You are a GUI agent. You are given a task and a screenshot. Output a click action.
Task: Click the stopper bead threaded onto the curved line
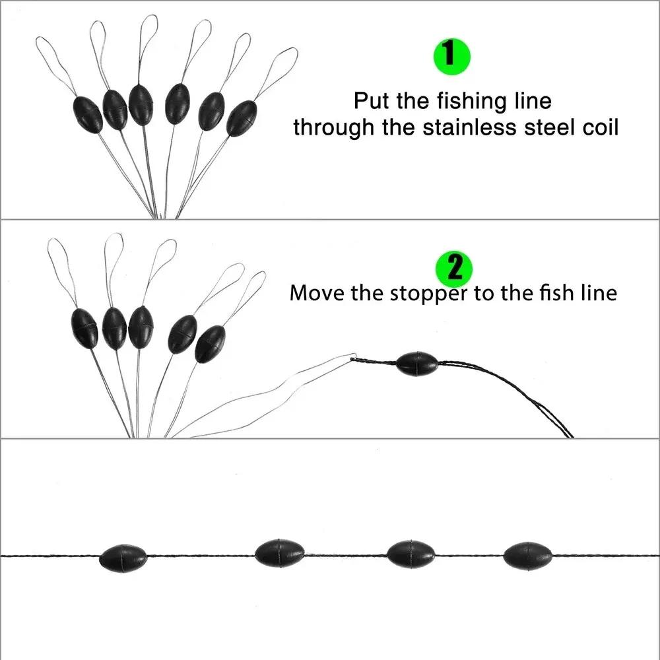(416, 364)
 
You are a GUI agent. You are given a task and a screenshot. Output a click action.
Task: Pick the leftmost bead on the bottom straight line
(123, 558)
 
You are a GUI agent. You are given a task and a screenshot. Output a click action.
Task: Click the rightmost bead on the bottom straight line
(528, 556)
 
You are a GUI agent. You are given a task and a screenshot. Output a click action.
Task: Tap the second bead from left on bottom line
(279, 552)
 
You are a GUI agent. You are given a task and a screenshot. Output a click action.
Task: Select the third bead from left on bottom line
(411, 554)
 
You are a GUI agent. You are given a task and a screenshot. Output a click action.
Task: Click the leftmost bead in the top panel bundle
(87, 114)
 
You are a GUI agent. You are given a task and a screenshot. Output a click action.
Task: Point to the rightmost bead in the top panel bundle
(242, 118)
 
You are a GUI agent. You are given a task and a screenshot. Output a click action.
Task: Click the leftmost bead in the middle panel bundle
(84, 328)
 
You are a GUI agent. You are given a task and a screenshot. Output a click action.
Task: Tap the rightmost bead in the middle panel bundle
(210, 343)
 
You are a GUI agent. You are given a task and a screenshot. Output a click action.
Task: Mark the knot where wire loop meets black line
(355, 357)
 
